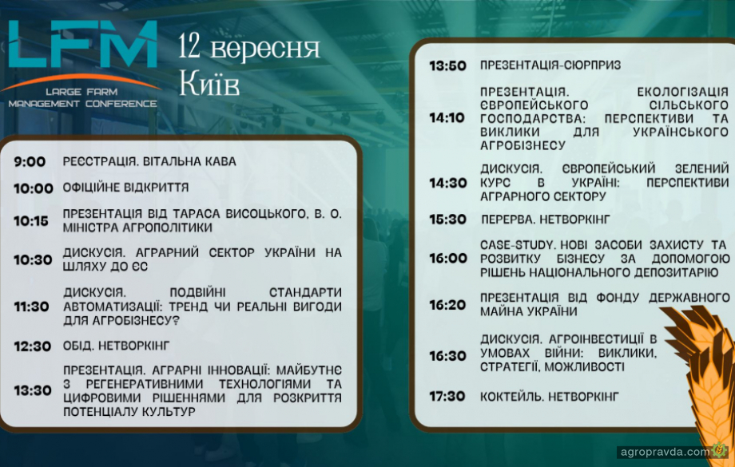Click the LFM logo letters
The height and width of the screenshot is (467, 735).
click(x=83, y=44)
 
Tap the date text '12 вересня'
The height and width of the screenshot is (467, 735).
click(x=249, y=49)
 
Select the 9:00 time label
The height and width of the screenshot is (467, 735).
click(x=30, y=162)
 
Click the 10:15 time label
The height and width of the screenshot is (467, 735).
click(x=31, y=220)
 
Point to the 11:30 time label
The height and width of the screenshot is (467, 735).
click(x=31, y=307)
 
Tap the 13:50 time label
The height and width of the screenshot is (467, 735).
click(x=447, y=65)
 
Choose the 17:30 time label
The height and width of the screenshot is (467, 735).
click(x=447, y=397)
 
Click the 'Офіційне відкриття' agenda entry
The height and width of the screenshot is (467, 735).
click(x=125, y=188)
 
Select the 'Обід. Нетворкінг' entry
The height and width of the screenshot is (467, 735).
click(x=117, y=346)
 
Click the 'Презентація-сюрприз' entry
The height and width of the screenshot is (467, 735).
click(x=550, y=65)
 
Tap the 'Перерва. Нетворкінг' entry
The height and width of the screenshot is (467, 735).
click(x=546, y=220)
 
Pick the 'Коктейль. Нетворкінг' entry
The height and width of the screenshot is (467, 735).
click(x=550, y=397)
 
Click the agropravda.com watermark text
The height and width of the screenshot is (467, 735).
click(x=665, y=452)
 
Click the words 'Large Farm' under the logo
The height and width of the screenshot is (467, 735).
click(x=81, y=92)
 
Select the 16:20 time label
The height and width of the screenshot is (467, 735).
click(x=447, y=305)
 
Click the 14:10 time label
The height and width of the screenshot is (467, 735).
click(x=447, y=118)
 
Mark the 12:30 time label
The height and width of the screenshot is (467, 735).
click(x=32, y=346)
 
